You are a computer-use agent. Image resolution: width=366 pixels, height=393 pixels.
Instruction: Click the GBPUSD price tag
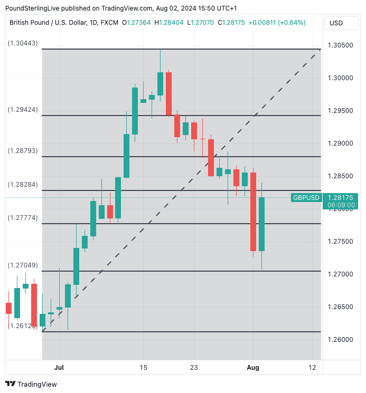coord(306,197)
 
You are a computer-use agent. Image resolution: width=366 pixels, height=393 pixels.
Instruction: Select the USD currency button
coord(336,23)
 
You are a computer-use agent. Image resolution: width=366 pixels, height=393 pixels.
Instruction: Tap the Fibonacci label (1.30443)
coord(23,43)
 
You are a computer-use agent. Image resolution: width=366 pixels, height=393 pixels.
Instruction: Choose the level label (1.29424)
coord(23,110)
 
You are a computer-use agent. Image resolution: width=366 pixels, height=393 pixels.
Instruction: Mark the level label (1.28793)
coord(23,150)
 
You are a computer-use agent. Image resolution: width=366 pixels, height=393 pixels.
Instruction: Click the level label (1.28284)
coord(23,185)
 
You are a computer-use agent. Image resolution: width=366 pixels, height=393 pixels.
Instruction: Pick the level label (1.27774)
coord(23,217)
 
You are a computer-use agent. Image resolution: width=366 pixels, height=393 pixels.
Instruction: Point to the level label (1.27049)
coord(23,265)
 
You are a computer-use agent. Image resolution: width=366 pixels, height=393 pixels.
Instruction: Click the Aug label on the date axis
coord(254,368)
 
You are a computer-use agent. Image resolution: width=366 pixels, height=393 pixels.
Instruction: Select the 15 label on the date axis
coord(143,368)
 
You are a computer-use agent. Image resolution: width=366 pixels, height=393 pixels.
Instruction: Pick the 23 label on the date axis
coord(194,368)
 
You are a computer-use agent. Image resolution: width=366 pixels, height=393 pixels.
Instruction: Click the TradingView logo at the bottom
coord(31,384)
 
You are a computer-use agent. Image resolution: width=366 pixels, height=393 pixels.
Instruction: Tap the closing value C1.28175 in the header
coord(229,23)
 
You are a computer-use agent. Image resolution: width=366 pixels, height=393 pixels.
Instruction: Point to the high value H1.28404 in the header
coord(167,23)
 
